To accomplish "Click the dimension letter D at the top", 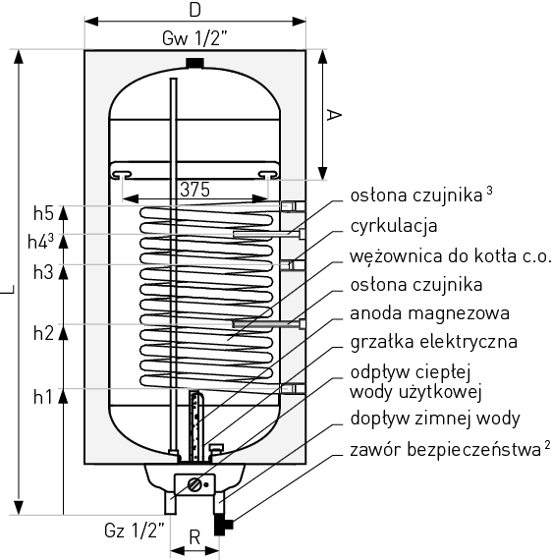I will point(194,11).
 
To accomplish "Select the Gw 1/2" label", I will point(194,39).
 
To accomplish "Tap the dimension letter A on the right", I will point(334,115).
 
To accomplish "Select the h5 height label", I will point(42,213).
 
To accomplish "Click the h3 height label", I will point(42,272).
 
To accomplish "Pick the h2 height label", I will point(42,332).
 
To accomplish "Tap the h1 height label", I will point(42,397).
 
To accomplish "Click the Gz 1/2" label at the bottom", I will point(135,531).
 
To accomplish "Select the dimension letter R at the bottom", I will point(194,537).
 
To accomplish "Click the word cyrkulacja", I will point(393,226).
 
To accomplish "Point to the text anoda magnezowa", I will point(429,313).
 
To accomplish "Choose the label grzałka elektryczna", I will point(433,342).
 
